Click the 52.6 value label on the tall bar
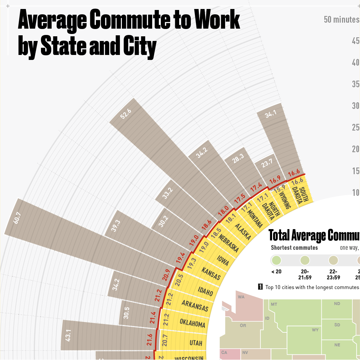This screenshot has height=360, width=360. point(126,114)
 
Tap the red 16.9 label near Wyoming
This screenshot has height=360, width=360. point(275,180)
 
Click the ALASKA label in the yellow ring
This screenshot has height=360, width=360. point(243,231)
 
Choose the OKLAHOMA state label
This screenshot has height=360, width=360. point(192,323)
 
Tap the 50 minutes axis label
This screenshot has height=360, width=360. point(341,20)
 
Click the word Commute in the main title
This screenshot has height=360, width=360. point(128,20)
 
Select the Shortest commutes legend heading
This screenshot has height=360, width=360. point(294,248)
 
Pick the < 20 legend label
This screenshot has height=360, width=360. point(276,271)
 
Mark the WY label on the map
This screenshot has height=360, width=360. point(315,330)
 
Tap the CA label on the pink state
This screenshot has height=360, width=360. point(224,353)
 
